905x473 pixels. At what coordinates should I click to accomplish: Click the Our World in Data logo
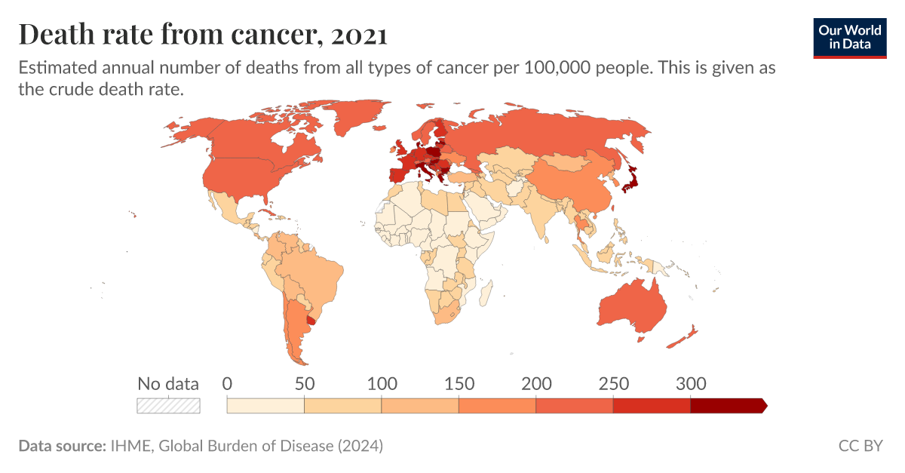click(x=850, y=35)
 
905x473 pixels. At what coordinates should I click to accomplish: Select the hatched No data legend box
click(x=168, y=406)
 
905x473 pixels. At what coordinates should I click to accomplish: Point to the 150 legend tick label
click(x=459, y=383)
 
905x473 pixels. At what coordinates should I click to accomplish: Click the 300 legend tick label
click(x=690, y=383)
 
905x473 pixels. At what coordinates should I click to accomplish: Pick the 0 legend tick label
click(x=227, y=383)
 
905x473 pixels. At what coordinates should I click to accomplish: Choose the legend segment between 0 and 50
click(x=265, y=406)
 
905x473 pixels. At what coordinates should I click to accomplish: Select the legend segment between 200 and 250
click(x=574, y=406)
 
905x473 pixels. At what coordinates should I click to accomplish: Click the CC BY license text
click(x=860, y=446)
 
